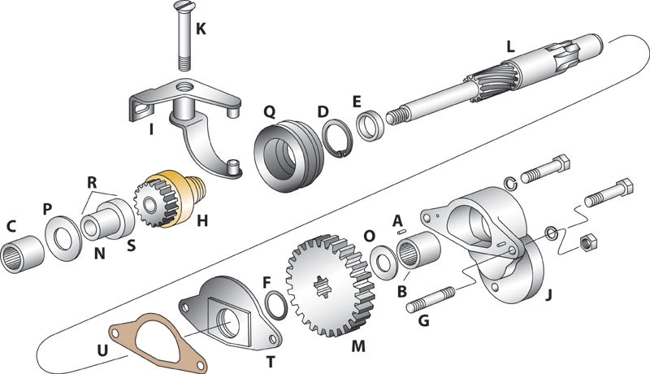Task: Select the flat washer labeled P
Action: click(x=62, y=243)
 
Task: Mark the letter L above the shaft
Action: click(x=509, y=48)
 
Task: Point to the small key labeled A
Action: click(x=401, y=233)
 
